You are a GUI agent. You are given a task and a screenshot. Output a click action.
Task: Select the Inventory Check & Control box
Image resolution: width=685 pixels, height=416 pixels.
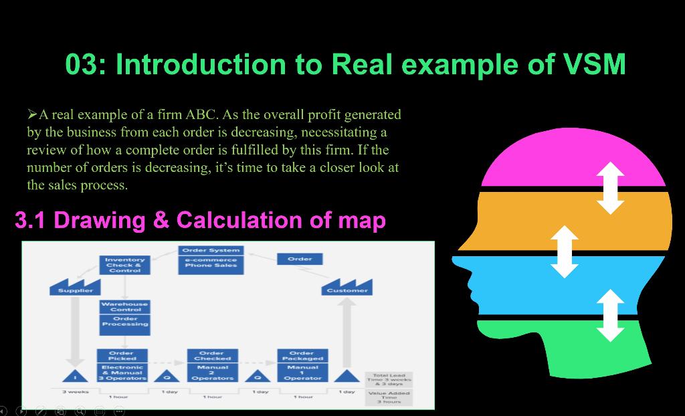[124, 265]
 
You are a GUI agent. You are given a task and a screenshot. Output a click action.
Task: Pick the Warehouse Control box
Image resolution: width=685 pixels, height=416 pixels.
[125, 306]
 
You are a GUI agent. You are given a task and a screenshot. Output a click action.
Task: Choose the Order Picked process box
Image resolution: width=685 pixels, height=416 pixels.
[122, 356]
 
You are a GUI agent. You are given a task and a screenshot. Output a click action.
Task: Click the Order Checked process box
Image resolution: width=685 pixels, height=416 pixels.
[212, 356]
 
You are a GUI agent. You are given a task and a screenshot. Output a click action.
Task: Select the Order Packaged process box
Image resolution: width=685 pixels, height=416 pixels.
[302, 356]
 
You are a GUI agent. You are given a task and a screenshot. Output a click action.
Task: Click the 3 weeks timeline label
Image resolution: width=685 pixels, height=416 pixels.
[75, 391]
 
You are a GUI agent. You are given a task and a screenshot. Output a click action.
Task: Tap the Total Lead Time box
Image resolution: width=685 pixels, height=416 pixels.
[389, 379]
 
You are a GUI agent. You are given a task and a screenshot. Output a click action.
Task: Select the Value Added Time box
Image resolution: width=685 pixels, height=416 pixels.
[389, 397]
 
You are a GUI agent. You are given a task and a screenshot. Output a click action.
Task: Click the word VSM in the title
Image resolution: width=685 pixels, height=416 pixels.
[585, 65]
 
